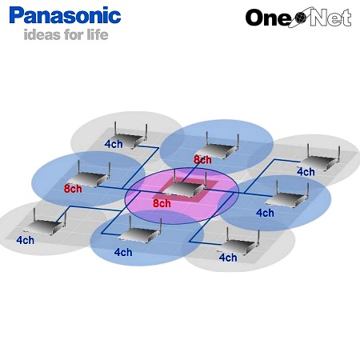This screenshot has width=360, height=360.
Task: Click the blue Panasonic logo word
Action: [65, 15]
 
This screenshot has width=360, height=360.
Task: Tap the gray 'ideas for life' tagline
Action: [66, 34]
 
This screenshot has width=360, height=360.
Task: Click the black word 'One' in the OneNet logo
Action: [269, 18]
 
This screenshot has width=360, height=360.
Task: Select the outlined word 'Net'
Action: [330, 17]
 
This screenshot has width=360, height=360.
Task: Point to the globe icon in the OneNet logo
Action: [301, 18]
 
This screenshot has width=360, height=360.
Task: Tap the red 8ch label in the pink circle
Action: [162, 203]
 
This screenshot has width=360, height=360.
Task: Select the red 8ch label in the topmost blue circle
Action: [202, 159]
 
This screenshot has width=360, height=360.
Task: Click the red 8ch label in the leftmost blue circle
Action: [73, 189]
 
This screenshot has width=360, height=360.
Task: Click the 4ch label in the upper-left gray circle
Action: [114, 144]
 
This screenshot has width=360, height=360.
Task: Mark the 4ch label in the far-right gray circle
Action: [306, 172]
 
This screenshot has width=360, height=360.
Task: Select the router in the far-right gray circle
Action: [321, 158]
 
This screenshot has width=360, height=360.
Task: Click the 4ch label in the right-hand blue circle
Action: [265, 213]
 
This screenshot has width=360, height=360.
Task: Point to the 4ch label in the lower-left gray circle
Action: [25, 240]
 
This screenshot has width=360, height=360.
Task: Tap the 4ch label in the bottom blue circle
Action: [123, 252]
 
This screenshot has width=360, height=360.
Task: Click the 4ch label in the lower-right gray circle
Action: [228, 258]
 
